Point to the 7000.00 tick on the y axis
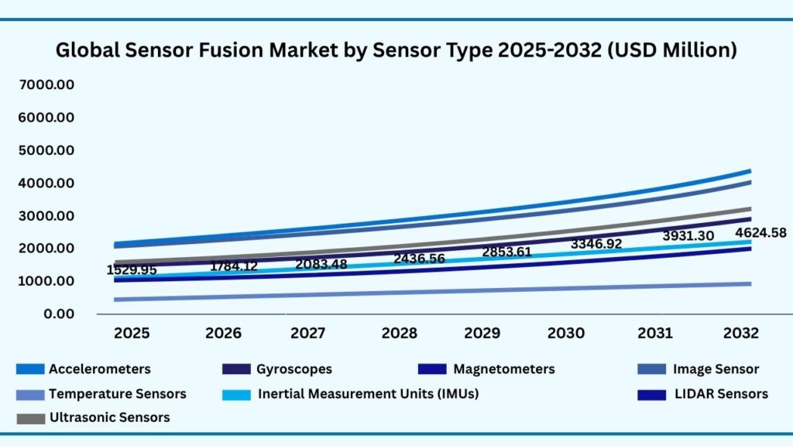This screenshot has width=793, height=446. (x=44, y=84)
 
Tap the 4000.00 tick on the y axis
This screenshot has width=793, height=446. (x=44, y=183)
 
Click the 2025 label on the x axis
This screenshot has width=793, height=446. (x=132, y=334)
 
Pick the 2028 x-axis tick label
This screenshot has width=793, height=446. (x=400, y=334)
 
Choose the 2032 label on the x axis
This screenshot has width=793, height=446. (x=740, y=334)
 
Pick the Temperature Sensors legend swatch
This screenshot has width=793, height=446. (x=29, y=394)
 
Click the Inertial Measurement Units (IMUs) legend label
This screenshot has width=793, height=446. (x=368, y=393)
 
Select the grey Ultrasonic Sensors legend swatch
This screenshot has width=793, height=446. (x=29, y=418)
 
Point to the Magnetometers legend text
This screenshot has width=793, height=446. (x=503, y=369)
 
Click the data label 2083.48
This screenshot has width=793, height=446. (x=321, y=264)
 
